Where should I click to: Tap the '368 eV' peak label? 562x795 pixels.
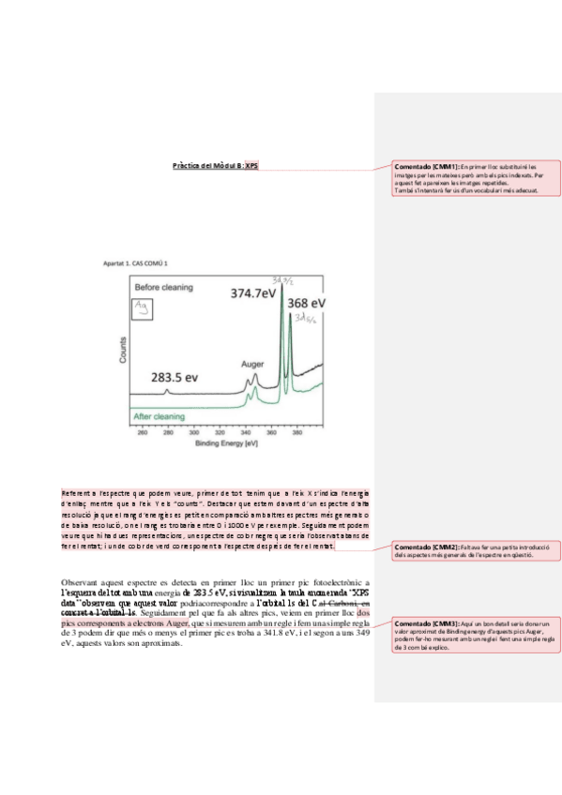306,304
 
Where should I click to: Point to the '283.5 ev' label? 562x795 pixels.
175,377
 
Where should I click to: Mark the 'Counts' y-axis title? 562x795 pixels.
121,350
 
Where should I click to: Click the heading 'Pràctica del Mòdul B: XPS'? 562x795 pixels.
216,166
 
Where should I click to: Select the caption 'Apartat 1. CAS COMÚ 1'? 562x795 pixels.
142,264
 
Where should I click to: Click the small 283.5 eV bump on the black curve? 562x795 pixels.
168,390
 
